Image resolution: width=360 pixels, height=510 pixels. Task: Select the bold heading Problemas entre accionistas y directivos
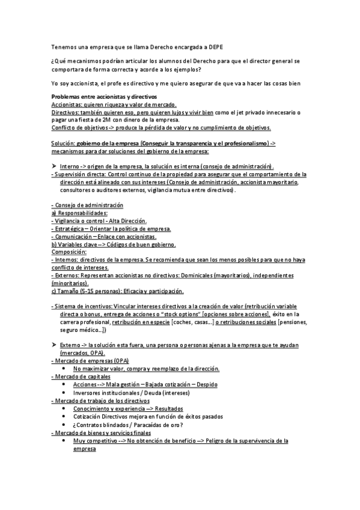coord(104,97)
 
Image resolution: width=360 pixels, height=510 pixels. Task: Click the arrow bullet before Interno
coord(54,166)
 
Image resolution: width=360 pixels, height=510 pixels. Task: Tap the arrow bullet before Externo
coord(54,345)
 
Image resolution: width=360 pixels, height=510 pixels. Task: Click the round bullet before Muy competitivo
coord(64,441)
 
